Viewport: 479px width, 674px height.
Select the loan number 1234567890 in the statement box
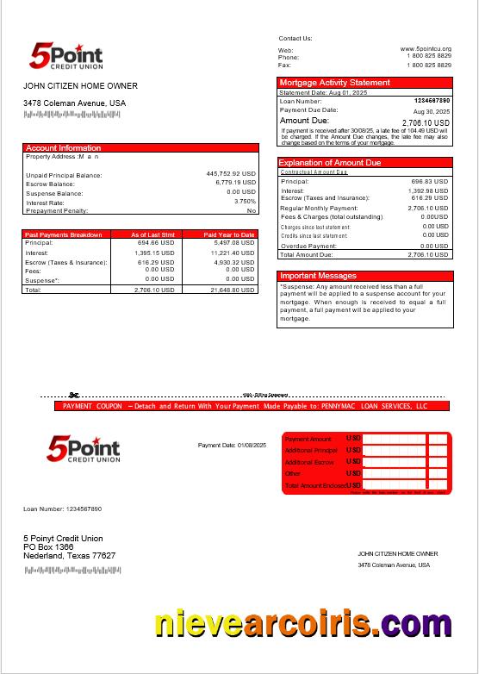pos(432,101)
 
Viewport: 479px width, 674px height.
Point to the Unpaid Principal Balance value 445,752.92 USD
pos(231,173)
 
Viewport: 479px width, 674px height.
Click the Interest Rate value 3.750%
pos(245,201)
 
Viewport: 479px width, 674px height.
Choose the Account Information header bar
pos(64,148)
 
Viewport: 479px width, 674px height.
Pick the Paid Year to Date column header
pos(229,234)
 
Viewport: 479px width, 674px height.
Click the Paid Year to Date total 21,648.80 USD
pos(232,290)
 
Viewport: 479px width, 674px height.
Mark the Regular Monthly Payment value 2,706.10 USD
pos(427,208)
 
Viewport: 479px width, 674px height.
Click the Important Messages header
pos(319,276)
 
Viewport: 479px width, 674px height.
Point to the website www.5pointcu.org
pos(426,49)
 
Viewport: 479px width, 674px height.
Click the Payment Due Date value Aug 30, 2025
pos(432,111)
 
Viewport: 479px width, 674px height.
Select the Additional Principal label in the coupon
pos(311,451)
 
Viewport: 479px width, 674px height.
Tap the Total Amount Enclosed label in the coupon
pos(315,486)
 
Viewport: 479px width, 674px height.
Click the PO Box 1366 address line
pos(48,547)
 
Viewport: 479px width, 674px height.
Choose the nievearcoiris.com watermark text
pos(303,623)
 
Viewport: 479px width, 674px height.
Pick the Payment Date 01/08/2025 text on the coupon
pos(233,445)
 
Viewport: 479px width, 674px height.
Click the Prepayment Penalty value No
pos(252,210)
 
